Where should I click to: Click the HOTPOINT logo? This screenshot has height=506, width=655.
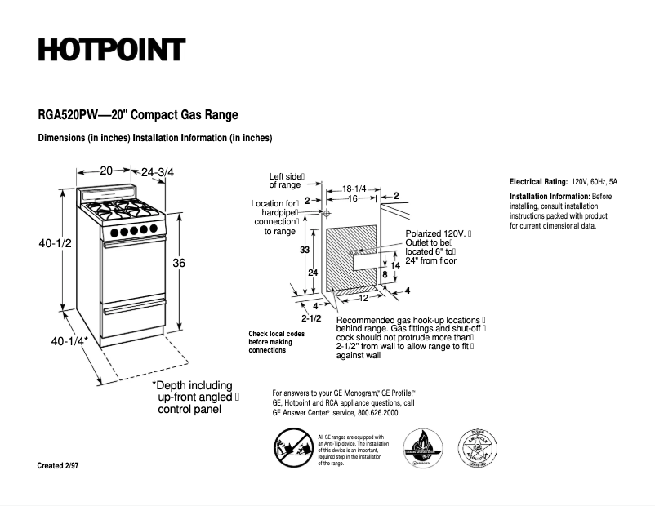112,50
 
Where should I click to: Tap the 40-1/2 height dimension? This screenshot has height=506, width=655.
53,243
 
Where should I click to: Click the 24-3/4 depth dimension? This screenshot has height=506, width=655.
158,172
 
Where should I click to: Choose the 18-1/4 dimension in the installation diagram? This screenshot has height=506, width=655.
353,188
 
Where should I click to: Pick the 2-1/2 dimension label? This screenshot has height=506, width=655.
311,317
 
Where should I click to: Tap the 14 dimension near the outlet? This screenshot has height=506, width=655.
394,265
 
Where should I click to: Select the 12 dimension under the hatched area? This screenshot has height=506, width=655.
352,298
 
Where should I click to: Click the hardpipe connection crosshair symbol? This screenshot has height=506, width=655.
326,213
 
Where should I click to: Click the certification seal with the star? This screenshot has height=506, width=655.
478,448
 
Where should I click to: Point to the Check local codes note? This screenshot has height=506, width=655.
276,342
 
